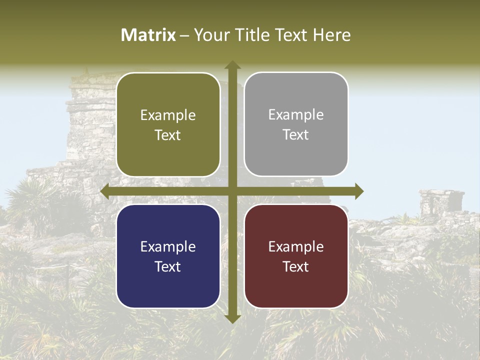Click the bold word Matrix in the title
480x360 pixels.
pyautogui.click(x=148, y=35)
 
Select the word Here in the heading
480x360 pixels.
pyautogui.click(x=332, y=35)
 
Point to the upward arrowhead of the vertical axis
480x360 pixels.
pyautogui.click(x=232, y=65)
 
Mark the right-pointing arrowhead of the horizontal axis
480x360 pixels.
pyautogui.click(x=358, y=191)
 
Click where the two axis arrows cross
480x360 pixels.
pyautogui.click(x=232, y=191)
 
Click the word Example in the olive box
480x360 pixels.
pyautogui.click(x=168, y=115)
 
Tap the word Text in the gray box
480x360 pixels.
pyautogui.click(x=296, y=135)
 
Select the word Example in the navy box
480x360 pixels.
pyautogui.click(x=168, y=247)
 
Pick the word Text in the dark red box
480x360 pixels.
pyautogui.click(x=296, y=266)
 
